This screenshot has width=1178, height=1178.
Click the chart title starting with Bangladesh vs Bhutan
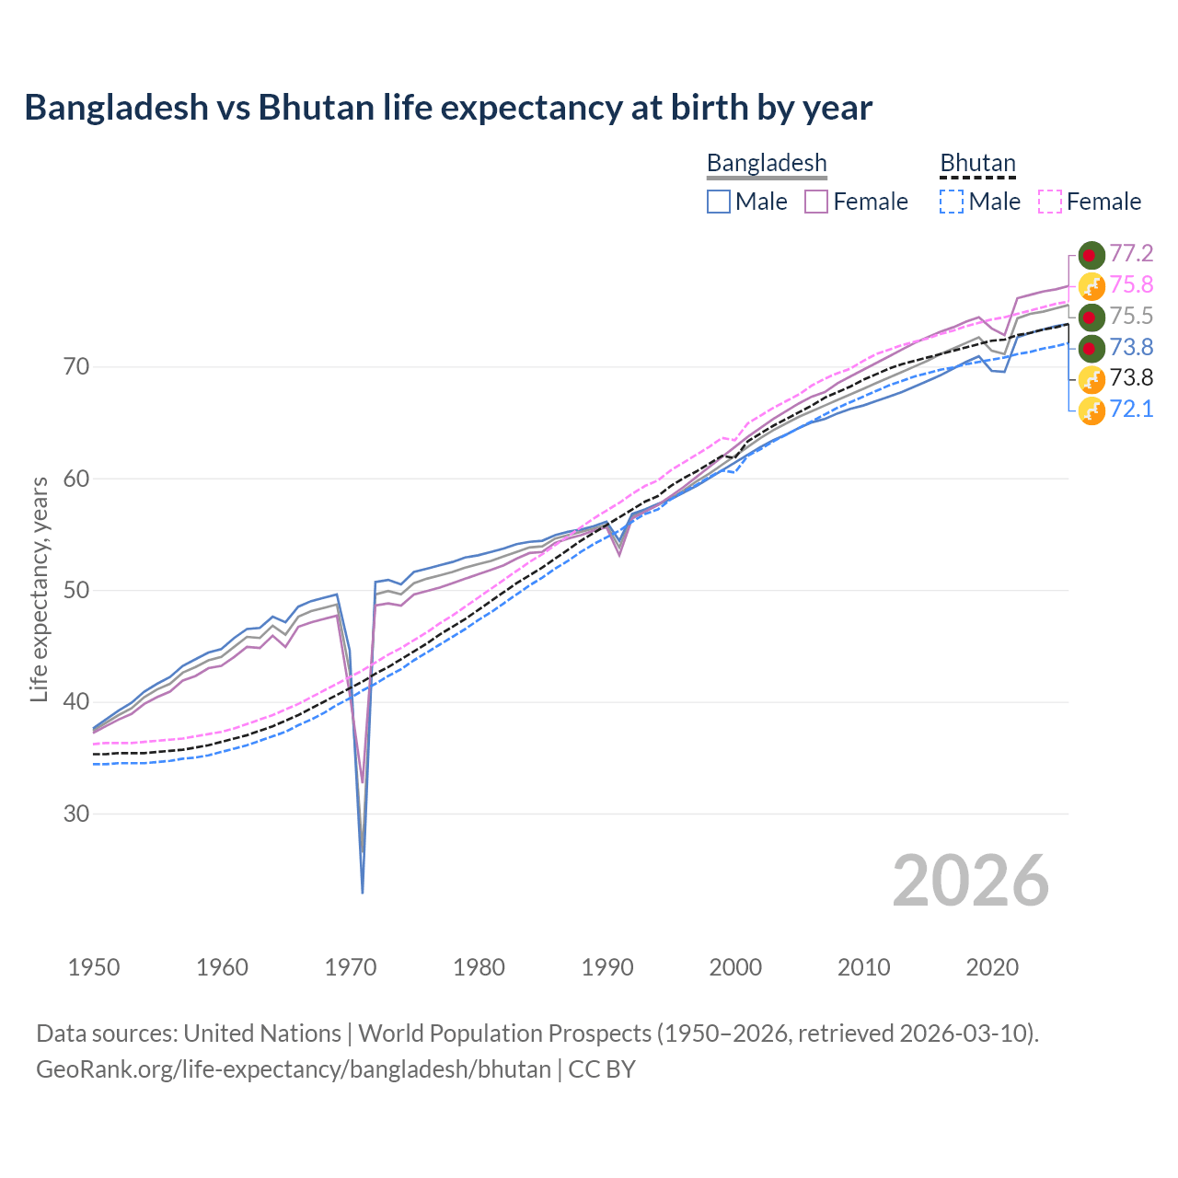448,108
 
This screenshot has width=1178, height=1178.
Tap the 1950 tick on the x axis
94,967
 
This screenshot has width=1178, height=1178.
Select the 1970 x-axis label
351,967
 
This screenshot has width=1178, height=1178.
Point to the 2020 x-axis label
992,967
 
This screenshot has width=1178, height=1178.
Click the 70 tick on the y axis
76,367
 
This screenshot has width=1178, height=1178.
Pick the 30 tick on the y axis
76,814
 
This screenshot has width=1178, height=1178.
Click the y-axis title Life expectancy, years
39,589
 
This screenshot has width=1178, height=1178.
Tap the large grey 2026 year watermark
970,882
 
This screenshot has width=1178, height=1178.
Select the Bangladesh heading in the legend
767,164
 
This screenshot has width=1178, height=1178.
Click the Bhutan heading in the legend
977,164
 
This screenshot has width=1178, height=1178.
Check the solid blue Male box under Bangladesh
719,202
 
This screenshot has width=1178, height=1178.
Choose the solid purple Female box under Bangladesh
816,202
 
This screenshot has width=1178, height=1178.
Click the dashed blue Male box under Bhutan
952,202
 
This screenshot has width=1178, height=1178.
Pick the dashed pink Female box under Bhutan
1050,202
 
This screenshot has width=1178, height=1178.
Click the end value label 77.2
1131,254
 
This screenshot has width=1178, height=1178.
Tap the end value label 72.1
1131,410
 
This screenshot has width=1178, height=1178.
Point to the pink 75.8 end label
1131,285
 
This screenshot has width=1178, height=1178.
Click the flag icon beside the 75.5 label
1091,317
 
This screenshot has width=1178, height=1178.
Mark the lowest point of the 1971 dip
363,892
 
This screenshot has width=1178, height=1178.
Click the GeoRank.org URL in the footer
294,1069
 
